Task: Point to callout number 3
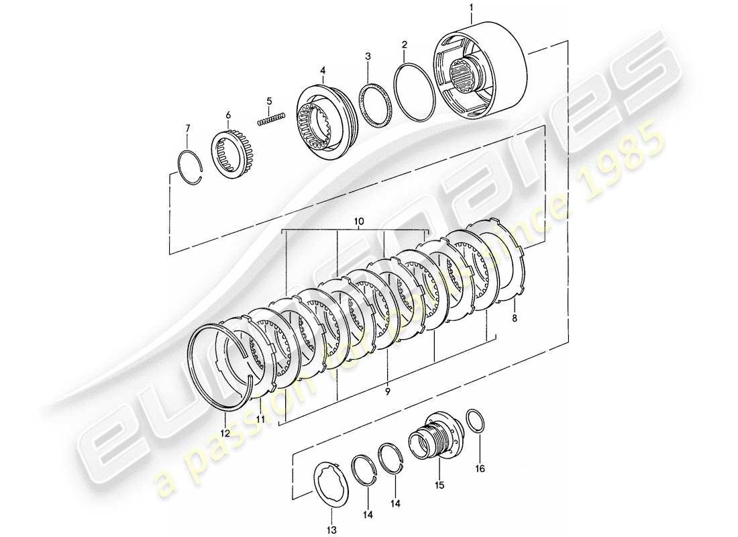coord(368,56)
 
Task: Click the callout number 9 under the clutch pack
coord(386,389)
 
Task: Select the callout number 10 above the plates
coord(358,221)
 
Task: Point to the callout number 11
coord(259,419)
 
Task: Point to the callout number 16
coord(480,467)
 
